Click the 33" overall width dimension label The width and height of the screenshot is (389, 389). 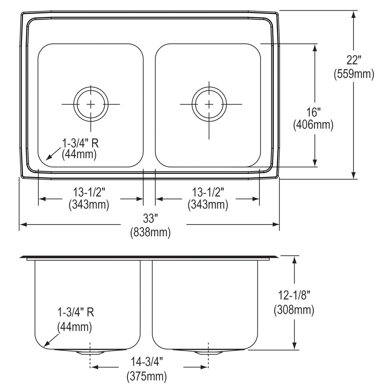tap(150, 218)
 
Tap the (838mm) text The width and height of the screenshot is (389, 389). tap(150, 232)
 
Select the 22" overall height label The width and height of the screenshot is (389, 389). tap(354, 60)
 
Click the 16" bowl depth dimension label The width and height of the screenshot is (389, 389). tap(313, 112)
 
